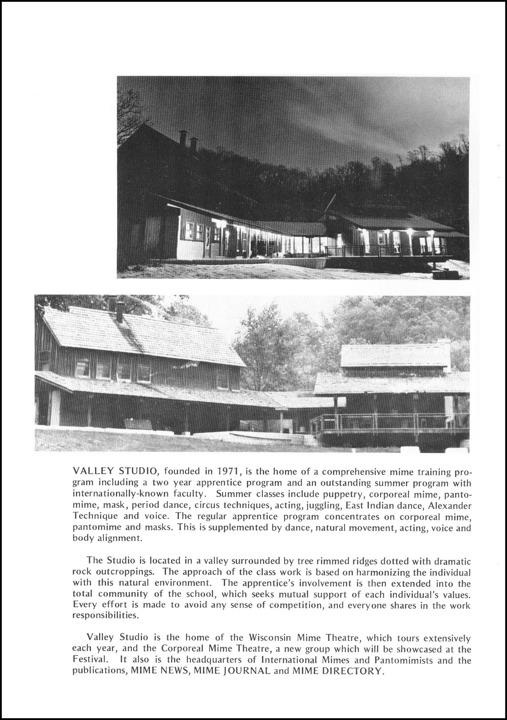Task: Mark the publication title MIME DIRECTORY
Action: tap(337, 671)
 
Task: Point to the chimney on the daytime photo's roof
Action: tap(120, 311)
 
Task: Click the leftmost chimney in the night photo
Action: tap(182, 138)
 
